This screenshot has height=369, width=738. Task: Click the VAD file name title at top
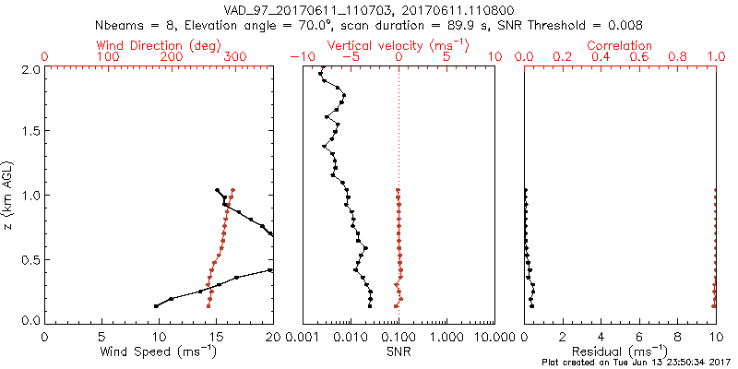(369, 8)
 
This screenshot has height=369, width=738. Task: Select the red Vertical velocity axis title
(398, 45)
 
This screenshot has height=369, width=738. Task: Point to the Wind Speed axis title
(159, 351)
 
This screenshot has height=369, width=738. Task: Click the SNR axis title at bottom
(398, 351)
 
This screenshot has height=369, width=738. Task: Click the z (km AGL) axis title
(8, 194)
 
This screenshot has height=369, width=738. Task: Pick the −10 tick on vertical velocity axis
(297, 57)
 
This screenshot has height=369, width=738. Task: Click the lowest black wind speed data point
(156, 305)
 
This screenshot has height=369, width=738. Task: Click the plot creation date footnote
(637, 363)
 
